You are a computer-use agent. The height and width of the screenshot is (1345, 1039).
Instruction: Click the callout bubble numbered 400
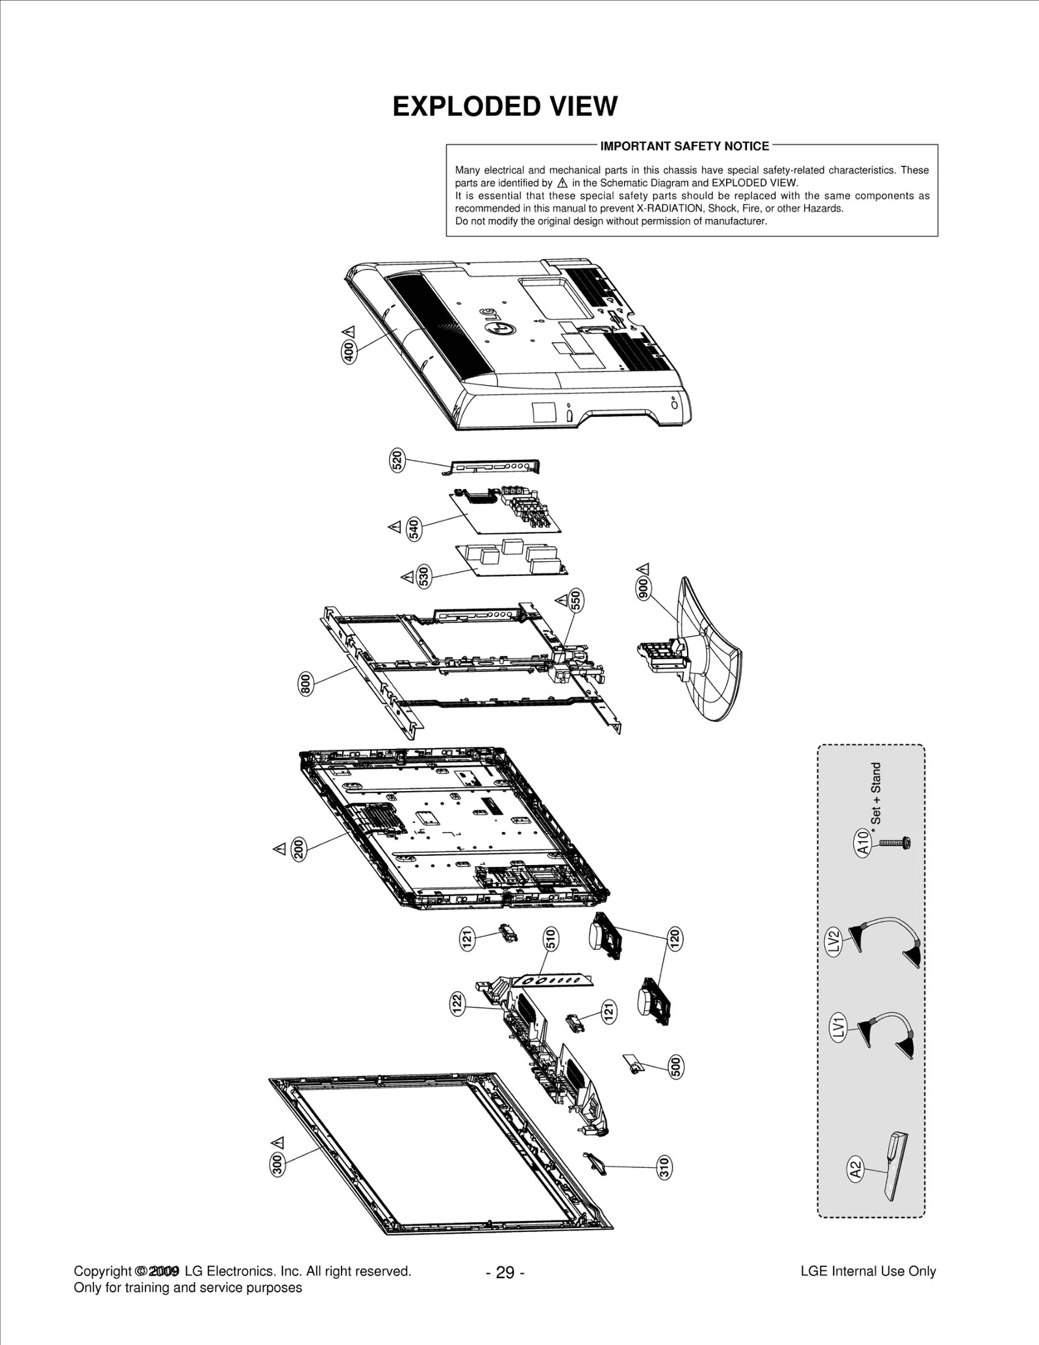[349, 351]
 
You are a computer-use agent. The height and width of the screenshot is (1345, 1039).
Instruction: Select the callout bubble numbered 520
[397, 460]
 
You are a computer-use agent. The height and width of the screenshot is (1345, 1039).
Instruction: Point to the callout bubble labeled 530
[423, 576]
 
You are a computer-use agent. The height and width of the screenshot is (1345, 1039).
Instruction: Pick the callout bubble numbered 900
[644, 587]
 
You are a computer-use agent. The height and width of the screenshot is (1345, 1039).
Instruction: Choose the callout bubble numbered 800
[305, 685]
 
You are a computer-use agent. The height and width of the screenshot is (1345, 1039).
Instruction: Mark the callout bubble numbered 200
[299, 849]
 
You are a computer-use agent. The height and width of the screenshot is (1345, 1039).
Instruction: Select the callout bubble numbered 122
[457, 1004]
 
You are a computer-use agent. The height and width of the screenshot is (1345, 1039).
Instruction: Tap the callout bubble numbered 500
[675, 1067]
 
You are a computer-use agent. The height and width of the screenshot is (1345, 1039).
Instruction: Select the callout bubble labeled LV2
[835, 941]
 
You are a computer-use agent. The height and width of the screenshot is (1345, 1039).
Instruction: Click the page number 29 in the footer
[505, 1272]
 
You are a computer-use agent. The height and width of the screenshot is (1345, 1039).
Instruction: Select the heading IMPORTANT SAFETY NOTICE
[684, 146]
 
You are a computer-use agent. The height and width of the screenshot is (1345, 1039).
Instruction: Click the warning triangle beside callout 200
[279, 849]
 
